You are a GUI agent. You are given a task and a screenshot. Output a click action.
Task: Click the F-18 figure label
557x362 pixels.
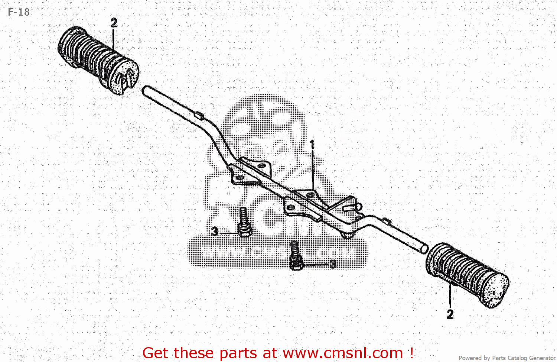click(19, 12)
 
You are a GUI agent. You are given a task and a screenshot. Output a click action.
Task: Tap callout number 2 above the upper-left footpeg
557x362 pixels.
click(114, 23)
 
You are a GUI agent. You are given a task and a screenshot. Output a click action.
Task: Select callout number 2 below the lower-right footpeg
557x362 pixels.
click(450, 314)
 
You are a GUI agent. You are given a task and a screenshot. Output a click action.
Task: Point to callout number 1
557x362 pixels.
click(312, 144)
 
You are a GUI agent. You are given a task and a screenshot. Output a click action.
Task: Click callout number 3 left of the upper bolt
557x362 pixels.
click(215, 231)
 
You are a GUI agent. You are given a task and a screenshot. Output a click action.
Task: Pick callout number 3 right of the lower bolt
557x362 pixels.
click(333, 264)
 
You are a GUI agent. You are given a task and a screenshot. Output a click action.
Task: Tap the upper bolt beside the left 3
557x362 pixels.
click(244, 223)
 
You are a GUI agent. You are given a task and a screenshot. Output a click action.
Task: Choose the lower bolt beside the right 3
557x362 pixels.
click(295, 256)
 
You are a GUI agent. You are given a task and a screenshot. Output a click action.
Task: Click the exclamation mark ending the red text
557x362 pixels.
click(411, 352)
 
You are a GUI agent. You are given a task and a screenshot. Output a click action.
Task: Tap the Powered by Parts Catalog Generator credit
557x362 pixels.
click(507, 358)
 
